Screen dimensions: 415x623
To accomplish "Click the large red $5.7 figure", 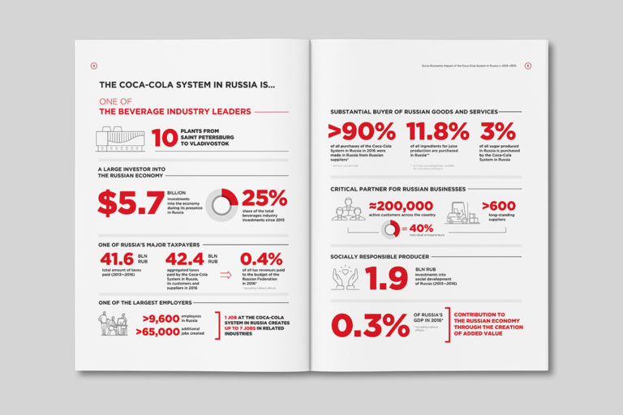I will pos(131,203).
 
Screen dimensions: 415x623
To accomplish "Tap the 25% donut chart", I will pos(221,204).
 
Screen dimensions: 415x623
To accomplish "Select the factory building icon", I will pos(119,139).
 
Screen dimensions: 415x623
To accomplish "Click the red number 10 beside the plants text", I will pos(165,138).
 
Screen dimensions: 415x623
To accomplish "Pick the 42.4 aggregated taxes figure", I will pos(184,259).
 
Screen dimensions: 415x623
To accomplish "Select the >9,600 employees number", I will pos(154,319).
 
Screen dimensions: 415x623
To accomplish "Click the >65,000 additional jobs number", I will pos(154,332).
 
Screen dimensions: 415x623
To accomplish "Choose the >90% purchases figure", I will pos(361,131).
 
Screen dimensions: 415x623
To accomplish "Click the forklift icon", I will pos(462,212).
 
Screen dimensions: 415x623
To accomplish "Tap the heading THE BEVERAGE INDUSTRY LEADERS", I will pos(174,112).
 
